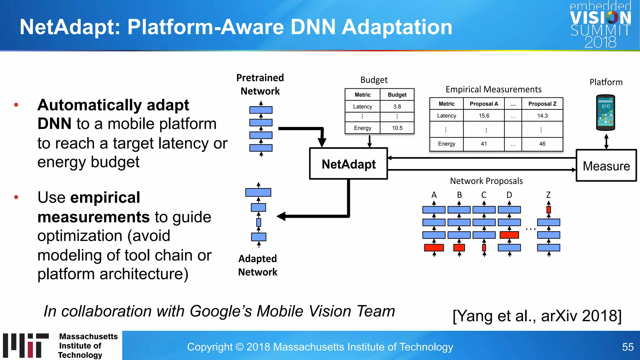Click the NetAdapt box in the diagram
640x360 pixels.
pyautogui.click(x=348, y=164)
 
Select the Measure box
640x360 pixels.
pyautogui.click(x=606, y=166)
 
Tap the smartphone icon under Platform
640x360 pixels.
pyautogui.click(x=606, y=112)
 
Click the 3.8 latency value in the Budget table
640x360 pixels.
pyautogui.click(x=397, y=107)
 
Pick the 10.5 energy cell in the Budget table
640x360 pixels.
pyautogui.click(x=397, y=128)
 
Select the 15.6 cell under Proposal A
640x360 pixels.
pyautogui.click(x=484, y=116)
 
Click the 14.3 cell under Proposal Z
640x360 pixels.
pyautogui.click(x=542, y=116)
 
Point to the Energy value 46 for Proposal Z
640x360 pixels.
pyautogui.click(x=542, y=144)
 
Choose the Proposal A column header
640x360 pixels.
pyautogui.click(x=484, y=104)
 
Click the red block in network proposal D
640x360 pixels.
pyautogui.click(x=509, y=235)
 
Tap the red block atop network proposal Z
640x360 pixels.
pyautogui.click(x=548, y=210)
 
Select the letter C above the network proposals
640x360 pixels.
pyautogui.click(x=484, y=195)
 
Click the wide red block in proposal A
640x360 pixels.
pyautogui.click(x=434, y=248)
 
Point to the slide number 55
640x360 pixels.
pyautogui.click(x=627, y=347)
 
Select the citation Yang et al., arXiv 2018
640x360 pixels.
pyautogui.click(x=537, y=316)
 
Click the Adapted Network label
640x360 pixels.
pyautogui.click(x=257, y=265)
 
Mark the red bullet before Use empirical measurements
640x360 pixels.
pyautogui.click(x=16, y=197)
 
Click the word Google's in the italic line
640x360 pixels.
pyautogui.click(x=221, y=311)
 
